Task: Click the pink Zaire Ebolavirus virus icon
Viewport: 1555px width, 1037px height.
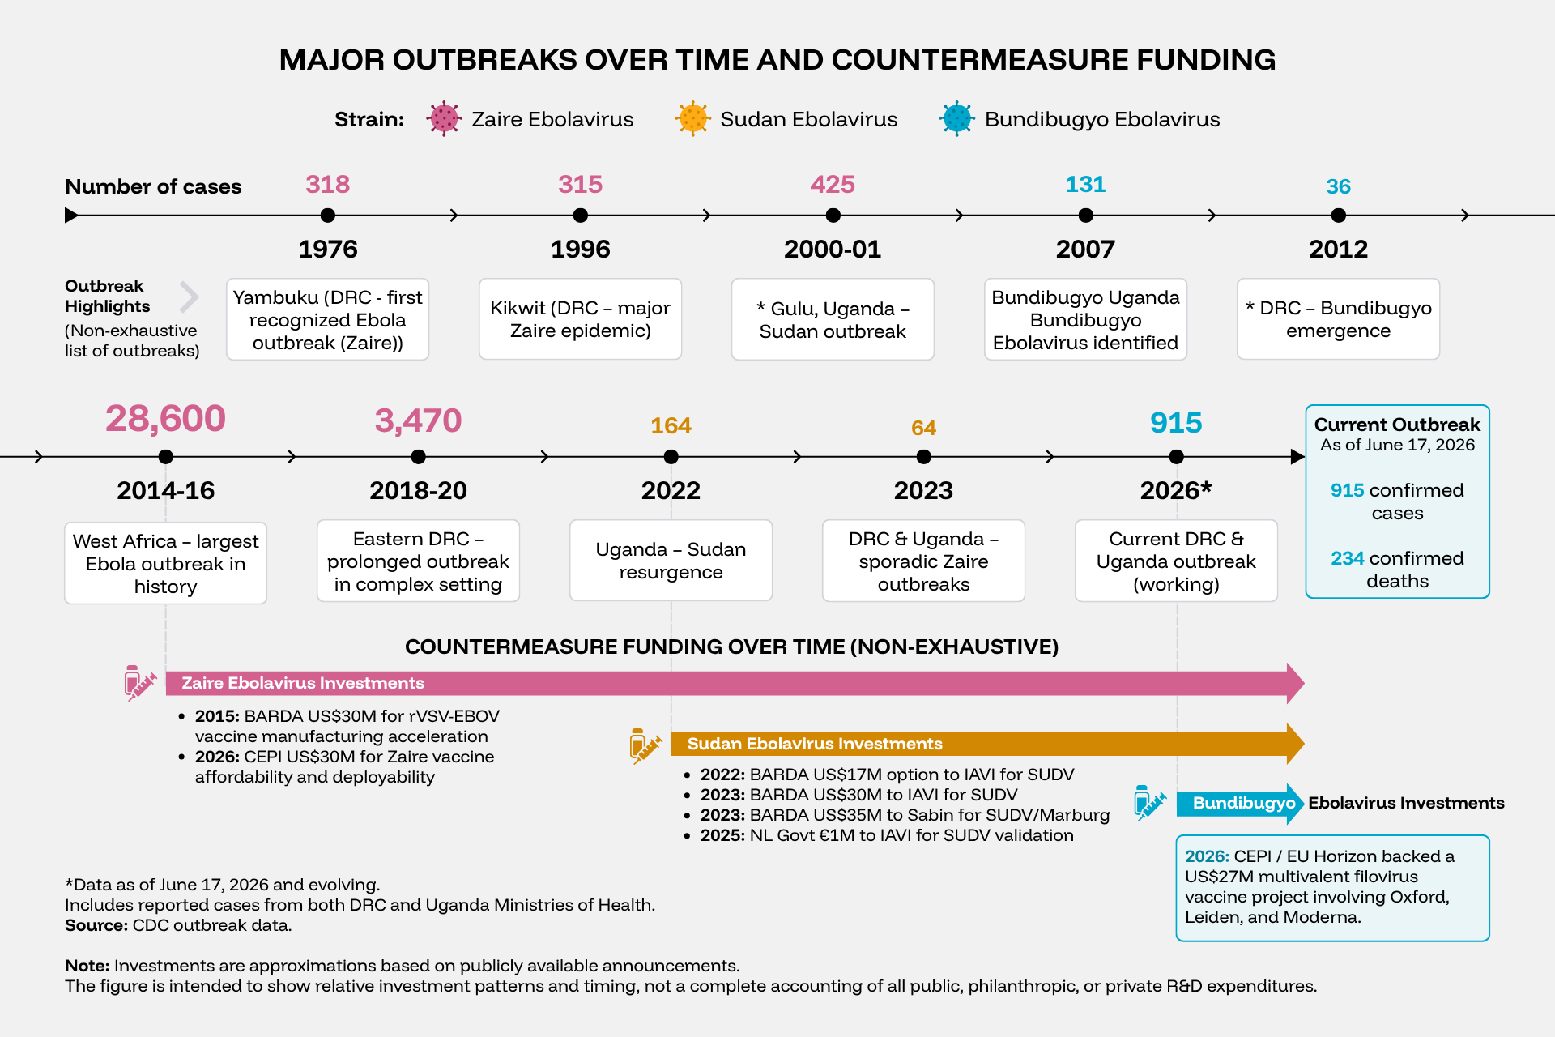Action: pyautogui.click(x=445, y=119)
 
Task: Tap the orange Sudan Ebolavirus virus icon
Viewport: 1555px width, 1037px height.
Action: pyautogui.click(x=693, y=119)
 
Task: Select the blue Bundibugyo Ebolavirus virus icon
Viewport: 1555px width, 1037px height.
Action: pyautogui.click(x=957, y=119)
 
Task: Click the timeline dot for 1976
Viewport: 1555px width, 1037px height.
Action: pyautogui.click(x=327, y=216)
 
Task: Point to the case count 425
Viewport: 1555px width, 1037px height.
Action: pyautogui.click(x=833, y=185)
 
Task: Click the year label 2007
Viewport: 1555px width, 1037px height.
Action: pyautogui.click(x=1085, y=249)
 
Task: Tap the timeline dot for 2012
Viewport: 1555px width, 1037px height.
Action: pyautogui.click(x=1338, y=216)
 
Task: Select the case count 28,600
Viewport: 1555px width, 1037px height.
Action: pyautogui.click(x=165, y=419)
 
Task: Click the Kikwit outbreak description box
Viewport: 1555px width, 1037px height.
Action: pyautogui.click(x=580, y=319)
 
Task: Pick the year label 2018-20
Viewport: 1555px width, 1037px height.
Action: pyautogui.click(x=418, y=490)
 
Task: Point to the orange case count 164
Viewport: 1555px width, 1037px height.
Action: pyautogui.click(x=671, y=426)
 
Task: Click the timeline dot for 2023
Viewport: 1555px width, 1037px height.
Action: pyautogui.click(x=923, y=457)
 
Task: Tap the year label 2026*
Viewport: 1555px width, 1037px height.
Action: pyautogui.click(x=1176, y=490)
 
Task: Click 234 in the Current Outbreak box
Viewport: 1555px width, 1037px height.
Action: pyautogui.click(x=1347, y=558)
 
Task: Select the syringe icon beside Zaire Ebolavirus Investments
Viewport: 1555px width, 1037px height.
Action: pyautogui.click(x=139, y=683)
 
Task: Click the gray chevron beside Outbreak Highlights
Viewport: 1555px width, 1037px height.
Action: pyautogui.click(x=190, y=297)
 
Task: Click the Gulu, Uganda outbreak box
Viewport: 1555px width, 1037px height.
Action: pyautogui.click(x=833, y=319)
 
